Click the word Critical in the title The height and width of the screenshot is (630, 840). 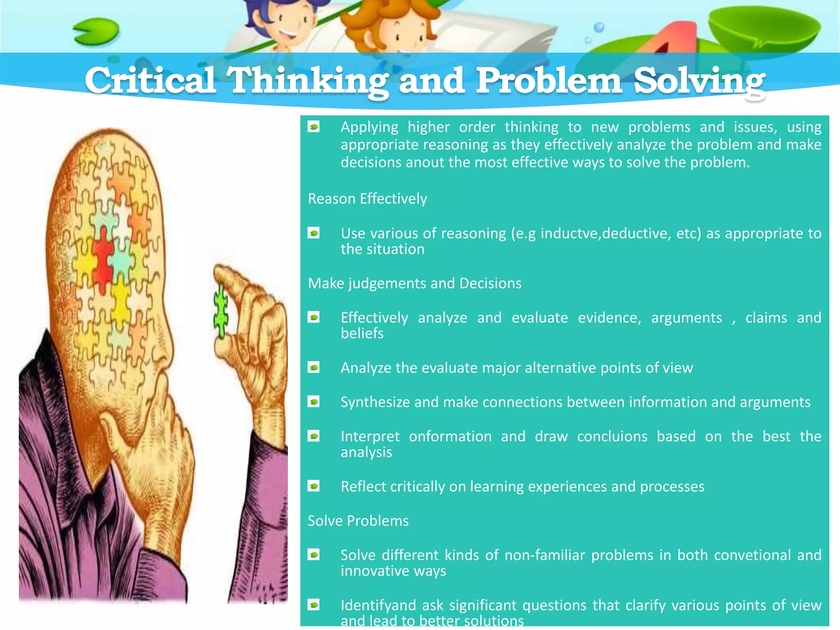click(150, 80)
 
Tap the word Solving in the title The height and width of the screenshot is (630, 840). click(699, 81)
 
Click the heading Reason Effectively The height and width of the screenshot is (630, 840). click(367, 199)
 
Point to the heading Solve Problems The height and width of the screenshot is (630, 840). click(358, 521)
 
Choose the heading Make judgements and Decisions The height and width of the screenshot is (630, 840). click(415, 283)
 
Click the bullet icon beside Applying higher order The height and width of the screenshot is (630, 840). click(314, 127)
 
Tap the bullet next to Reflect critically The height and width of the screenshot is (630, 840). click(314, 486)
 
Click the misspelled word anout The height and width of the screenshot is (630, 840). click(425, 162)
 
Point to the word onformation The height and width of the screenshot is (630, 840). click(450, 436)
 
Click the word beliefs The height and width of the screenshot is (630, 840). click(362, 334)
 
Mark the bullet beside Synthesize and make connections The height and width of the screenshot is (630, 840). click(314, 402)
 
